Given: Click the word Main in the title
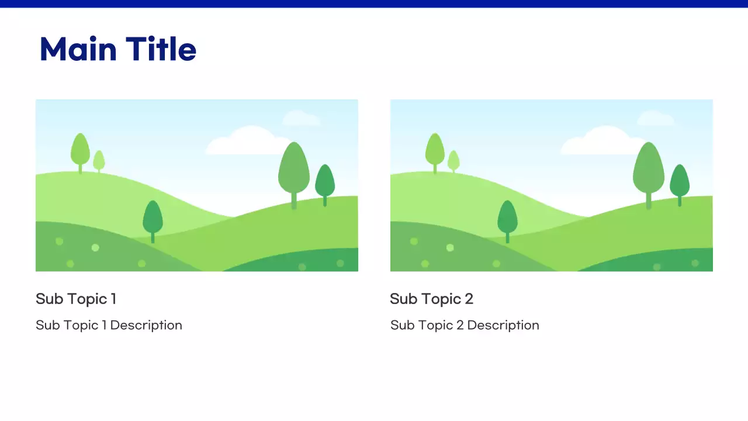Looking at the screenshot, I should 78,49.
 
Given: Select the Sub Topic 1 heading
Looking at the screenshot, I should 76,299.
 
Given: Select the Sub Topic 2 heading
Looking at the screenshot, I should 431,299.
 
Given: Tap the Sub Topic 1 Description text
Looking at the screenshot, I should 109,325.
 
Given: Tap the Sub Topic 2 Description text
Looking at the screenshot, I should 465,325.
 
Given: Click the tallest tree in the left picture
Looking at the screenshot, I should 293,170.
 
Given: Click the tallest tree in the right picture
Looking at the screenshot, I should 648,170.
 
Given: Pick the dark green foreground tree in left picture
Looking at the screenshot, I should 153,218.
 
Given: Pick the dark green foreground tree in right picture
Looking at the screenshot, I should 507,218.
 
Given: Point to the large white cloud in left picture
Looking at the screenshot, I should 245,143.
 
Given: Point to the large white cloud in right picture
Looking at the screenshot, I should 600,143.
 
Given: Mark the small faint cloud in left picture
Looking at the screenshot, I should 301,119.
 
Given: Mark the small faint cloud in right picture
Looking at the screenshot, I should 656,119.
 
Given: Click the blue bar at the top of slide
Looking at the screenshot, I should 374,4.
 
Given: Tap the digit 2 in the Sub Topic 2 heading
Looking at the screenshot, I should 469,299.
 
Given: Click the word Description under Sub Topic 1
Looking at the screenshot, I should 146,325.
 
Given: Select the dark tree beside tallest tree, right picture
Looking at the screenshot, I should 679,181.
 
